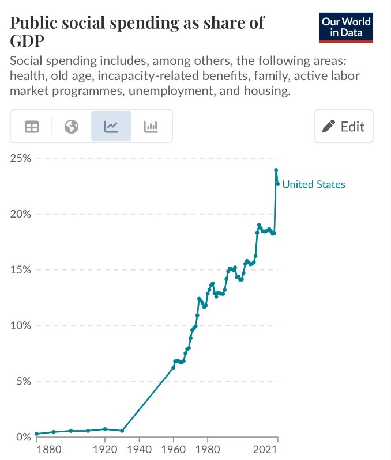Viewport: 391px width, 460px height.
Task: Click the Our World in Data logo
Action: [x=346, y=26]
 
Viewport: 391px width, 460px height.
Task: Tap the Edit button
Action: [x=344, y=126]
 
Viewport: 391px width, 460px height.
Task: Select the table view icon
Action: [x=31, y=127]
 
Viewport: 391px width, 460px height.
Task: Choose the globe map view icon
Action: [x=72, y=127]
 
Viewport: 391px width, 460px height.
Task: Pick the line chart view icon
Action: [x=111, y=127]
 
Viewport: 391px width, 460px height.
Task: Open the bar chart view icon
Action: [x=151, y=127]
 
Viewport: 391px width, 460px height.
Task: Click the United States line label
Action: [x=314, y=184]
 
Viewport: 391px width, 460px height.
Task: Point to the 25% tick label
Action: [x=22, y=158]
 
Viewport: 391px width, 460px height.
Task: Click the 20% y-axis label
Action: [x=22, y=214]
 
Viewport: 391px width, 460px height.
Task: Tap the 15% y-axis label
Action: [x=22, y=270]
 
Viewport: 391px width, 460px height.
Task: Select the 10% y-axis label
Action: [x=22, y=326]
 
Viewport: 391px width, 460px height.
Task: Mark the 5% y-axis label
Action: [x=24, y=381]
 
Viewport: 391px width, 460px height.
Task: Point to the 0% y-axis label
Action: [x=24, y=437]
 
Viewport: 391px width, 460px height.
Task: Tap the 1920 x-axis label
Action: [x=105, y=449]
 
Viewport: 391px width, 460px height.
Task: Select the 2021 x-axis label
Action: [x=268, y=449]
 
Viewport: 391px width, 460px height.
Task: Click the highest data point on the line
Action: [x=276, y=170]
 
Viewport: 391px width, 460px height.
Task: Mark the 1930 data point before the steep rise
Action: [x=122, y=431]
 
